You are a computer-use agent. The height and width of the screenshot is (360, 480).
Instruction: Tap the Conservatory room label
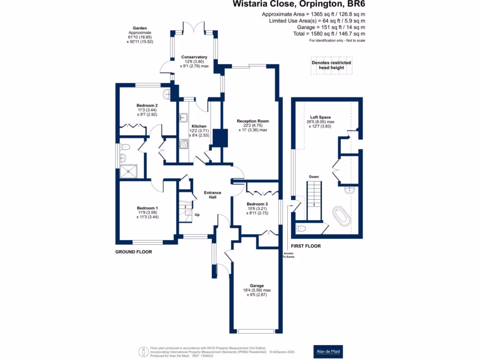(194, 58)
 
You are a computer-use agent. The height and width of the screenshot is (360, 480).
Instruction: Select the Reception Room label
(253, 121)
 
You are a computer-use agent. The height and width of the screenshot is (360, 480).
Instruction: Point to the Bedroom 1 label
(147, 208)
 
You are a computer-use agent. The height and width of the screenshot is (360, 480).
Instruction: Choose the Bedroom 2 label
(147, 105)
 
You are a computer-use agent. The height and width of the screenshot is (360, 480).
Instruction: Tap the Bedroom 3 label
(257, 204)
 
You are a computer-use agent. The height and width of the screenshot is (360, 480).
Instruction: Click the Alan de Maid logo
(328, 351)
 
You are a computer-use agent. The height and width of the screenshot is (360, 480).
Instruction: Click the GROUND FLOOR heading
(134, 252)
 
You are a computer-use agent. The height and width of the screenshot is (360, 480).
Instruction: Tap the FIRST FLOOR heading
(306, 246)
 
